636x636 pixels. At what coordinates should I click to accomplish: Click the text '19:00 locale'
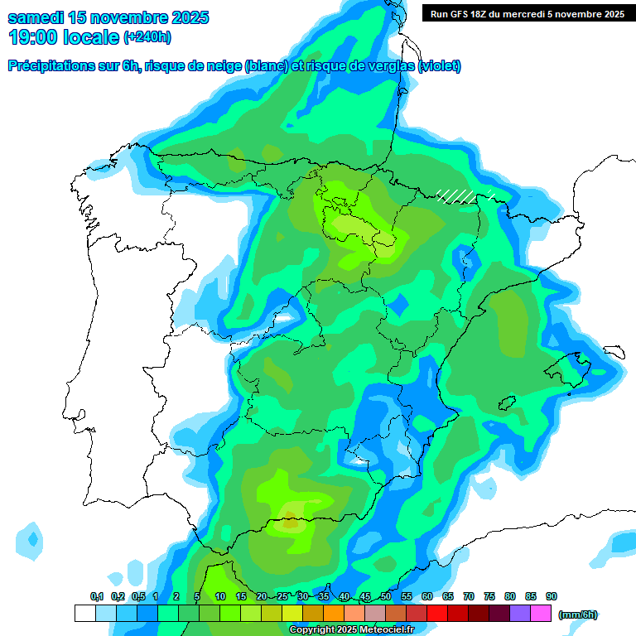click(63, 37)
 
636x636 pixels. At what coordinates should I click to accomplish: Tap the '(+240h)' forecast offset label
click(147, 38)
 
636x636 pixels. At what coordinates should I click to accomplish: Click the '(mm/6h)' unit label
click(578, 614)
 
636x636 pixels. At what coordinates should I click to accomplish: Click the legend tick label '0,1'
click(97, 596)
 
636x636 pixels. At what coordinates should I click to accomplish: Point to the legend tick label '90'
click(552, 596)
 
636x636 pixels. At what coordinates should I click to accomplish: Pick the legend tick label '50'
click(386, 596)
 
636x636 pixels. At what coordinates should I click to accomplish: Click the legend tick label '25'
click(282, 596)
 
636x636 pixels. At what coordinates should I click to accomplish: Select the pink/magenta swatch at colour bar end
click(541, 614)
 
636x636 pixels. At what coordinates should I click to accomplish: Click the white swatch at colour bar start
click(85, 614)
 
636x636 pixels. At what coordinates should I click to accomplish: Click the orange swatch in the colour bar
click(334, 614)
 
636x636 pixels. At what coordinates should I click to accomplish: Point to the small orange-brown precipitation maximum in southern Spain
click(291, 523)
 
